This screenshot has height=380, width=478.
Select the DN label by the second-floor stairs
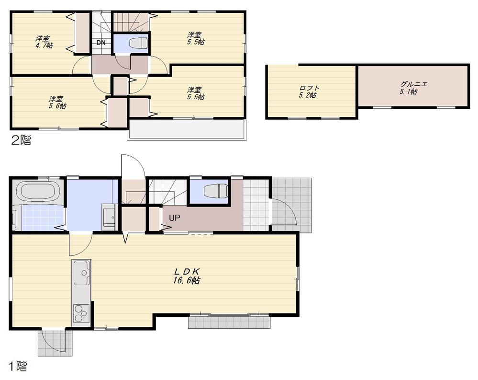pos(101,43)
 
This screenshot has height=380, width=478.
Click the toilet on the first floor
pos(215,191)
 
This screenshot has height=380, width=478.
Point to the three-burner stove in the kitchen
pos(80,314)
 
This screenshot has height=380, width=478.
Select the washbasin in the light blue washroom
pos(109,217)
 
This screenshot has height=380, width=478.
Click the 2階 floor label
pos(20,140)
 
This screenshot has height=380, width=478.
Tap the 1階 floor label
pos(18,367)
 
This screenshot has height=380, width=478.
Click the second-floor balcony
pos(187,129)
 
